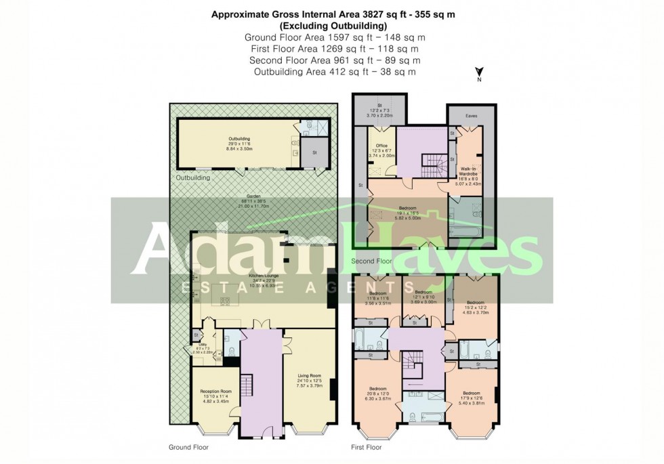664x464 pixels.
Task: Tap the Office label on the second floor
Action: point(381,146)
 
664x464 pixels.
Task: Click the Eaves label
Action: point(471,116)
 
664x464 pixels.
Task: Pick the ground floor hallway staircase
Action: point(247,387)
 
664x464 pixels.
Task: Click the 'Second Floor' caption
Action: point(371,261)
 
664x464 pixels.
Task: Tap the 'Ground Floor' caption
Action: point(188,447)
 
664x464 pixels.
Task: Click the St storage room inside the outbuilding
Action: point(314,152)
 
